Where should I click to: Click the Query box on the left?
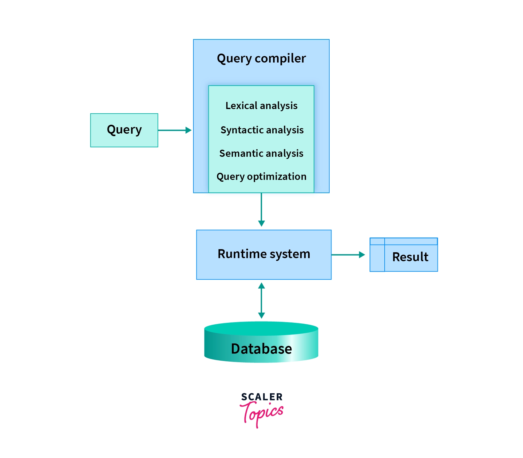[x=124, y=130]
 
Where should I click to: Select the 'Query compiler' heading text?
[x=261, y=58]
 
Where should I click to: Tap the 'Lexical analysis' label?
[x=261, y=106]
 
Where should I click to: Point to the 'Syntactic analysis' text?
[x=262, y=130]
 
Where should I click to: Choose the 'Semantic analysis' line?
[x=261, y=153]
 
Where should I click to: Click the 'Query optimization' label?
[x=261, y=176]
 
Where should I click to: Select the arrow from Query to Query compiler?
[x=174, y=130]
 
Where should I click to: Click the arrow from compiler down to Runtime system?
[x=261, y=209]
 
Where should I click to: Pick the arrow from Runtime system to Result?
[x=348, y=255]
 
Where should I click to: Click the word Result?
[x=410, y=257]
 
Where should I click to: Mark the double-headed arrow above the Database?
[x=261, y=300]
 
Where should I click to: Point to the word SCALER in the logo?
[x=262, y=397]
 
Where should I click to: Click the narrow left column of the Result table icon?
[x=377, y=258]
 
